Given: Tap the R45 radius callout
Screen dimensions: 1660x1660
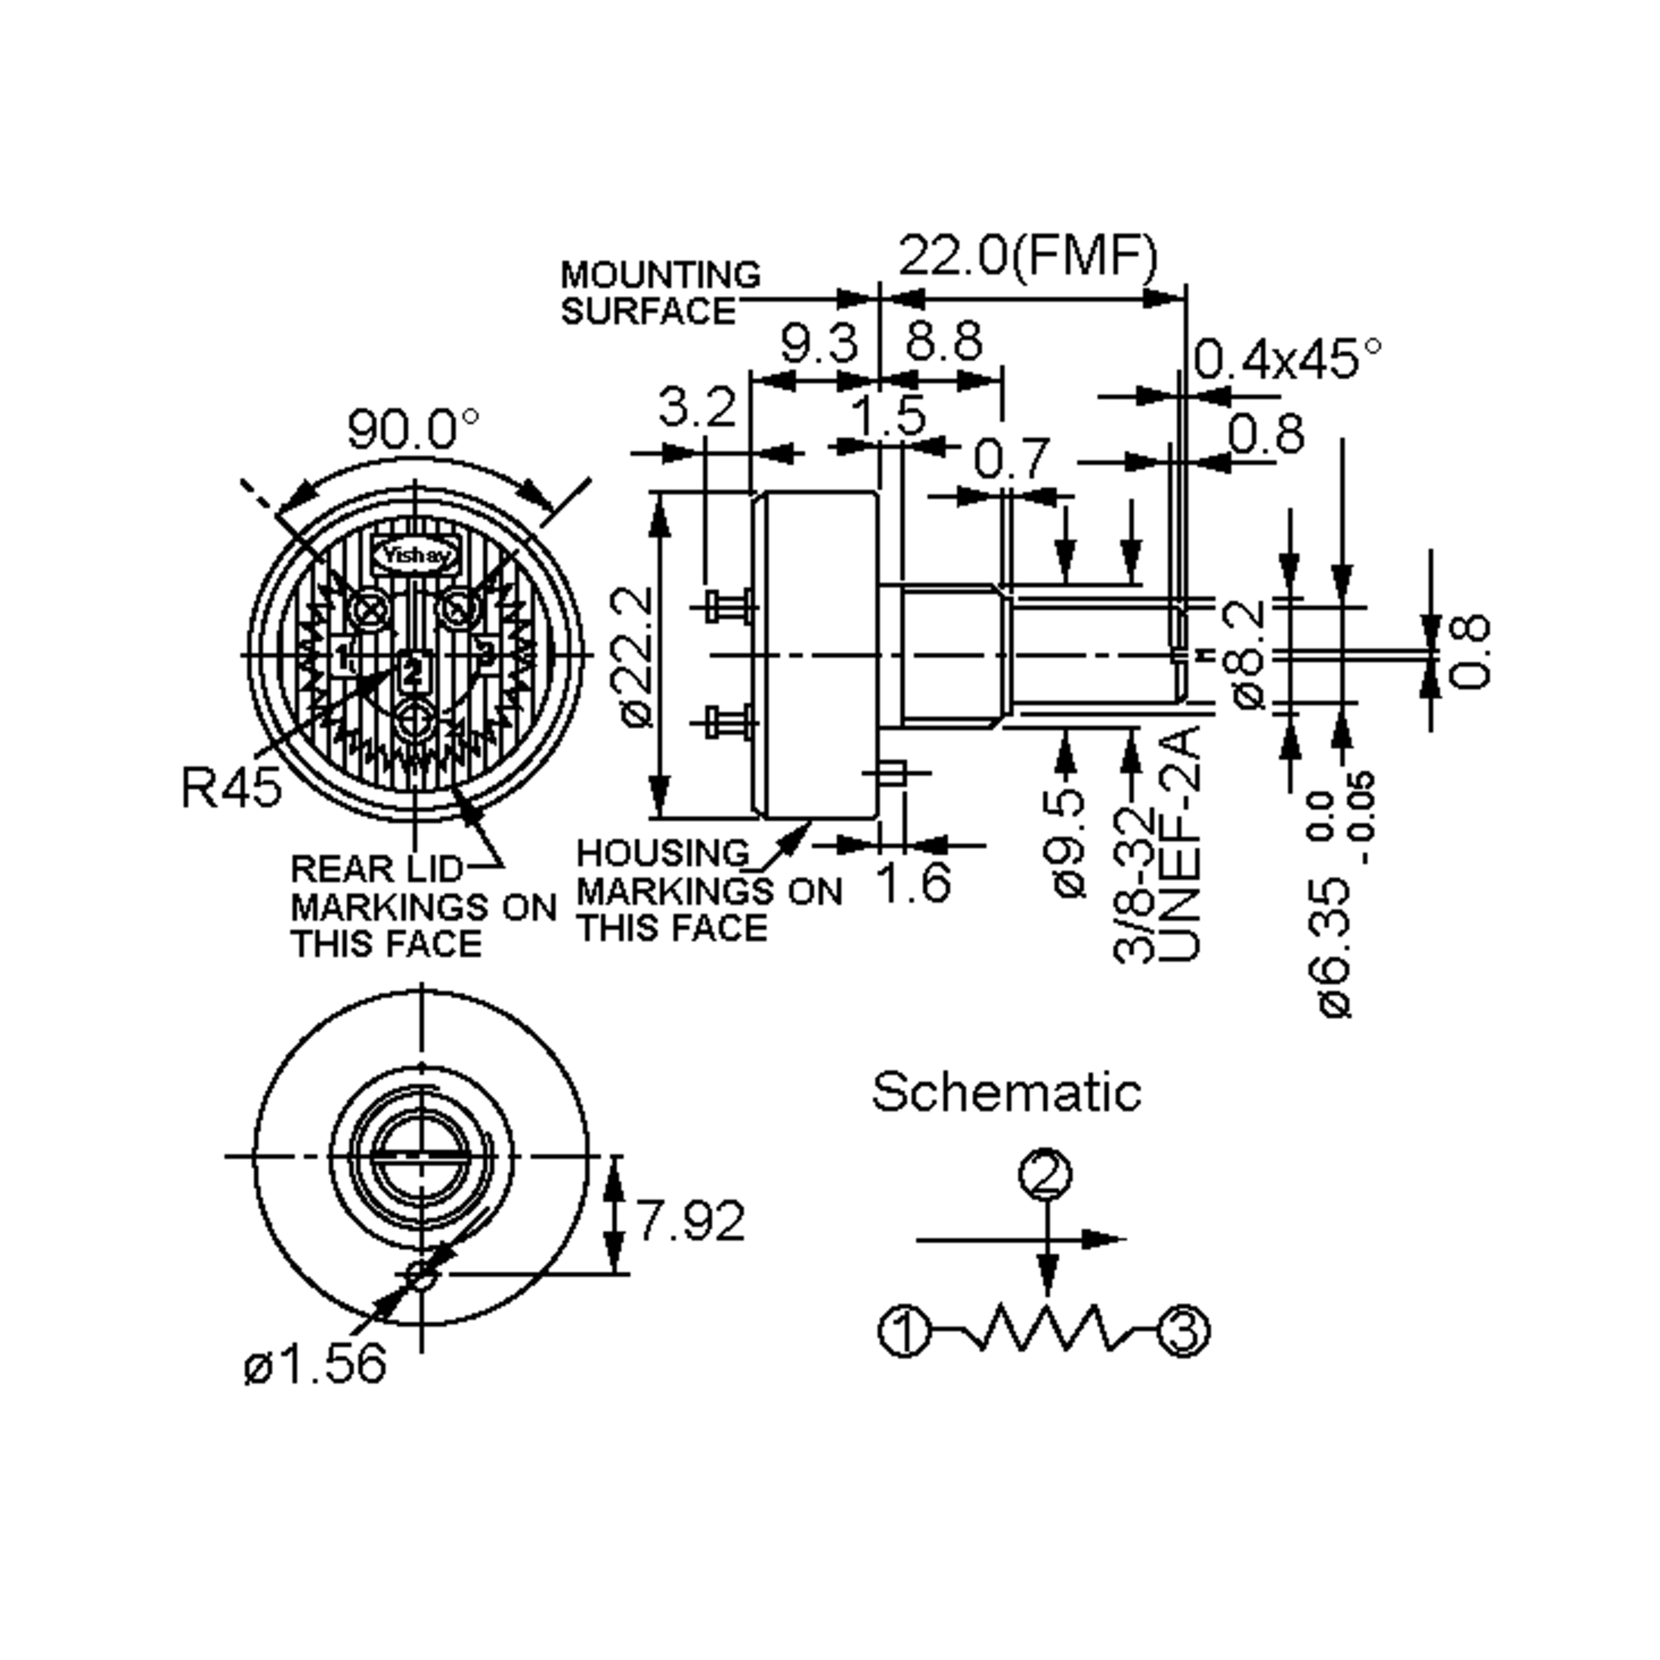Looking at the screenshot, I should [231, 787].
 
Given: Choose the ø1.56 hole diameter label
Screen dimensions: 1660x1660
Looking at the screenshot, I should [315, 1363].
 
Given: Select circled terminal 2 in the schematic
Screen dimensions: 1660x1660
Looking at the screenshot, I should [1046, 1174].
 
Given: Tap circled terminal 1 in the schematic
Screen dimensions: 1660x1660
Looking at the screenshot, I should [904, 1331].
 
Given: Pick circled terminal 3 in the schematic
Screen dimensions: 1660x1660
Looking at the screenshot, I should [1185, 1330].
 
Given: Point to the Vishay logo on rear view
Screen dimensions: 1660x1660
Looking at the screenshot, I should [415, 555].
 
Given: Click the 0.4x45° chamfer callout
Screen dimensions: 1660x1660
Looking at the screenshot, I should [1287, 359].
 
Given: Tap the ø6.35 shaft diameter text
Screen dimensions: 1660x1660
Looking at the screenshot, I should [1336, 945].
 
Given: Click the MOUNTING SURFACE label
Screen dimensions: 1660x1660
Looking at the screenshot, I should [659, 293].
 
